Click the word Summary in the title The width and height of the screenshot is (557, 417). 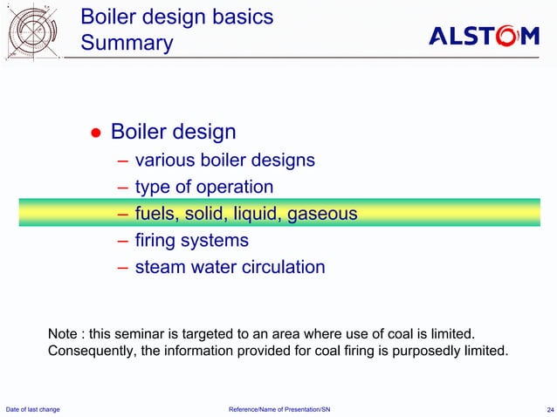[127, 43]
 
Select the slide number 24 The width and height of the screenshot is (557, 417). [544, 409]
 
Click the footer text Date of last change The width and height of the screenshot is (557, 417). [33, 409]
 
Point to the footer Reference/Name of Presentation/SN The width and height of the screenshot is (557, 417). [278, 409]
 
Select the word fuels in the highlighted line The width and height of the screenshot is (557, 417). [155, 214]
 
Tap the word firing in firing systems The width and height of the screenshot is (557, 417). [155, 240]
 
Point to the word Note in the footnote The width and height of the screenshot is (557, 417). [62, 335]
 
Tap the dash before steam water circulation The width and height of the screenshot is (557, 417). [122, 267]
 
